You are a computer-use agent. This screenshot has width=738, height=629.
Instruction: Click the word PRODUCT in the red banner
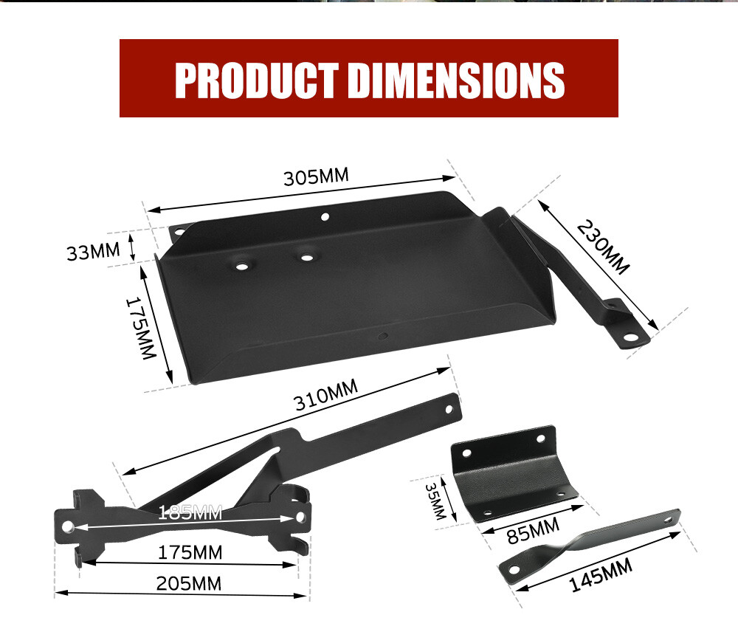[x=257, y=79]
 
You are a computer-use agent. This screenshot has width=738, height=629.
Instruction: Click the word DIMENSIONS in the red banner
[x=455, y=79]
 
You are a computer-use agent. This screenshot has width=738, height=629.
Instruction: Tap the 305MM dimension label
[x=316, y=177]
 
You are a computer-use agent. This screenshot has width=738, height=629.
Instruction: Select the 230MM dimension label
[x=604, y=247]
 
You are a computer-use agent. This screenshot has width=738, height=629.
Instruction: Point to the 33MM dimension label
[x=93, y=252]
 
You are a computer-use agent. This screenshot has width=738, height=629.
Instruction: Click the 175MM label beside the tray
[x=140, y=328]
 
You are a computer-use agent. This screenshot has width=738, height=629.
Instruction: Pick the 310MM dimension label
[x=325, y=400]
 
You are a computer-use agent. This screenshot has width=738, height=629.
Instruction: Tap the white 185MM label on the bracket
[x=190, y=512]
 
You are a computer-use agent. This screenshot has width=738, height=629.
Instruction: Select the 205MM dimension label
[x=188, y=583]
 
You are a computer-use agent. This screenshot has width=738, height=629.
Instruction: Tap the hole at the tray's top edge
[x=324, y=217]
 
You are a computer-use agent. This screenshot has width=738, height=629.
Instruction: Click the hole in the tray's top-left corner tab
[x=178, y=232]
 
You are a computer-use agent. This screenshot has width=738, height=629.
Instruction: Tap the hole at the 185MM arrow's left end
[x=67, y=526]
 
